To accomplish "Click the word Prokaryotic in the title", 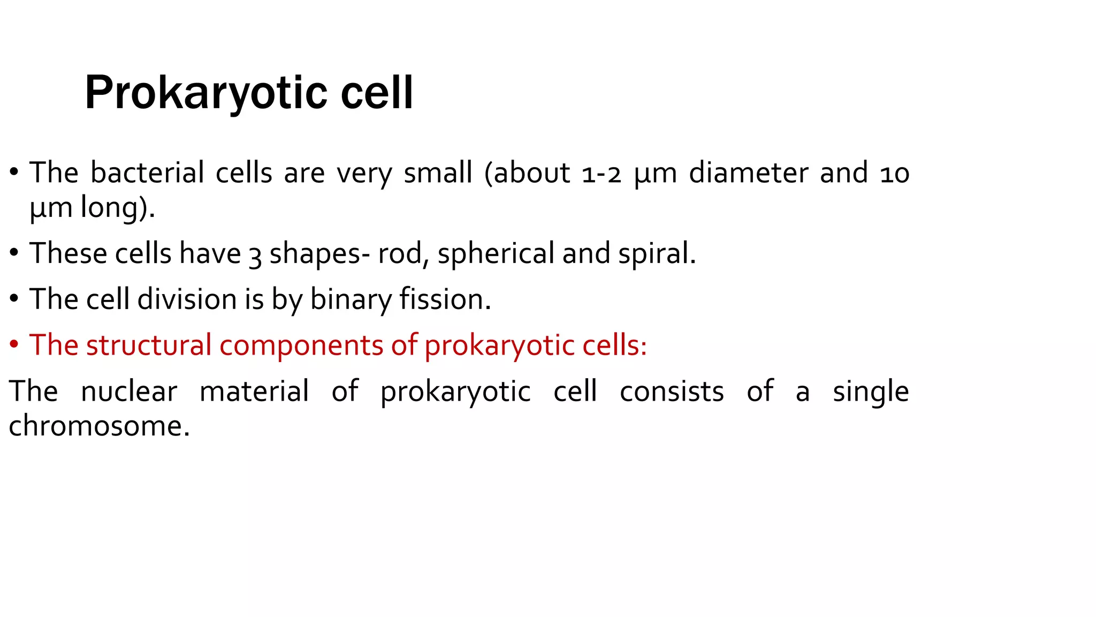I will [205, 94].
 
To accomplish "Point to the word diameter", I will [748, 173].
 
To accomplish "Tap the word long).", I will [118, 207].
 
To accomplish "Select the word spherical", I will [496, 253].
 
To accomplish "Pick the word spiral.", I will [657, 253].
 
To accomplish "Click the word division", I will [187, 299].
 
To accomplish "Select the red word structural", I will [149, 345].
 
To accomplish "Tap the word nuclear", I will [128, 391].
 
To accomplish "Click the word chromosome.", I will [99, 426].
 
